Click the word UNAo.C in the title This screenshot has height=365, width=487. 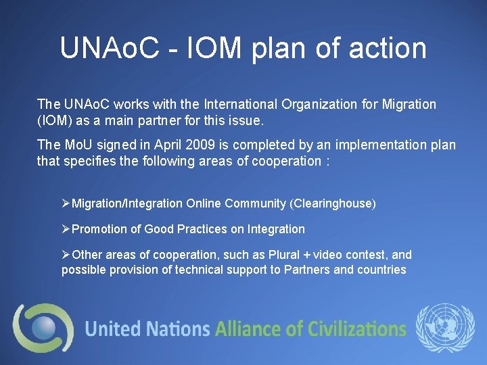click(109, 49)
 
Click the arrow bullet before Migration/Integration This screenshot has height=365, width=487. click(66, 203)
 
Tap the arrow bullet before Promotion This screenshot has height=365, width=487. click(66, 229)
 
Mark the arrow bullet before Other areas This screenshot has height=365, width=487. click(66, 255)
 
